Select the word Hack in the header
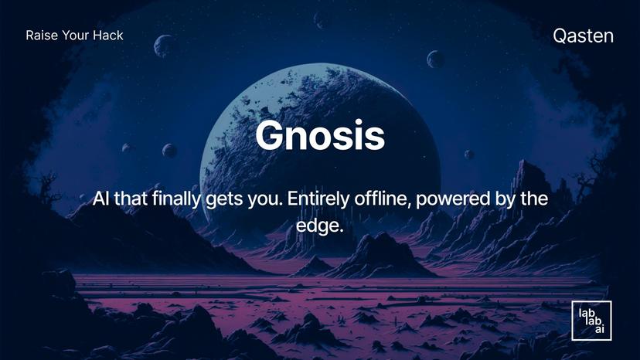(109, 35)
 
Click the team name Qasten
(584, 35)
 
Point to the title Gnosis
(319, 135)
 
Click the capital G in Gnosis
(271, 135)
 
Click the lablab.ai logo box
(591, 321)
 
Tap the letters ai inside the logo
(599, 330)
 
